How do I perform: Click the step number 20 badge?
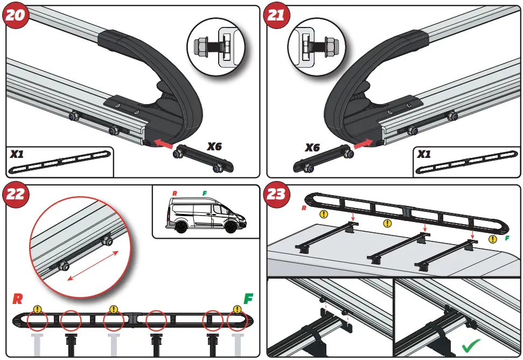(x=15, y=15)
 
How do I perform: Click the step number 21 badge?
(x=276, y=15)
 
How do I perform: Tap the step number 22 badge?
(x=15, y=193)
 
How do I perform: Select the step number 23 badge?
(x=276, y=193)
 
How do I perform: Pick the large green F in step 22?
(x=249, y=299)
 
